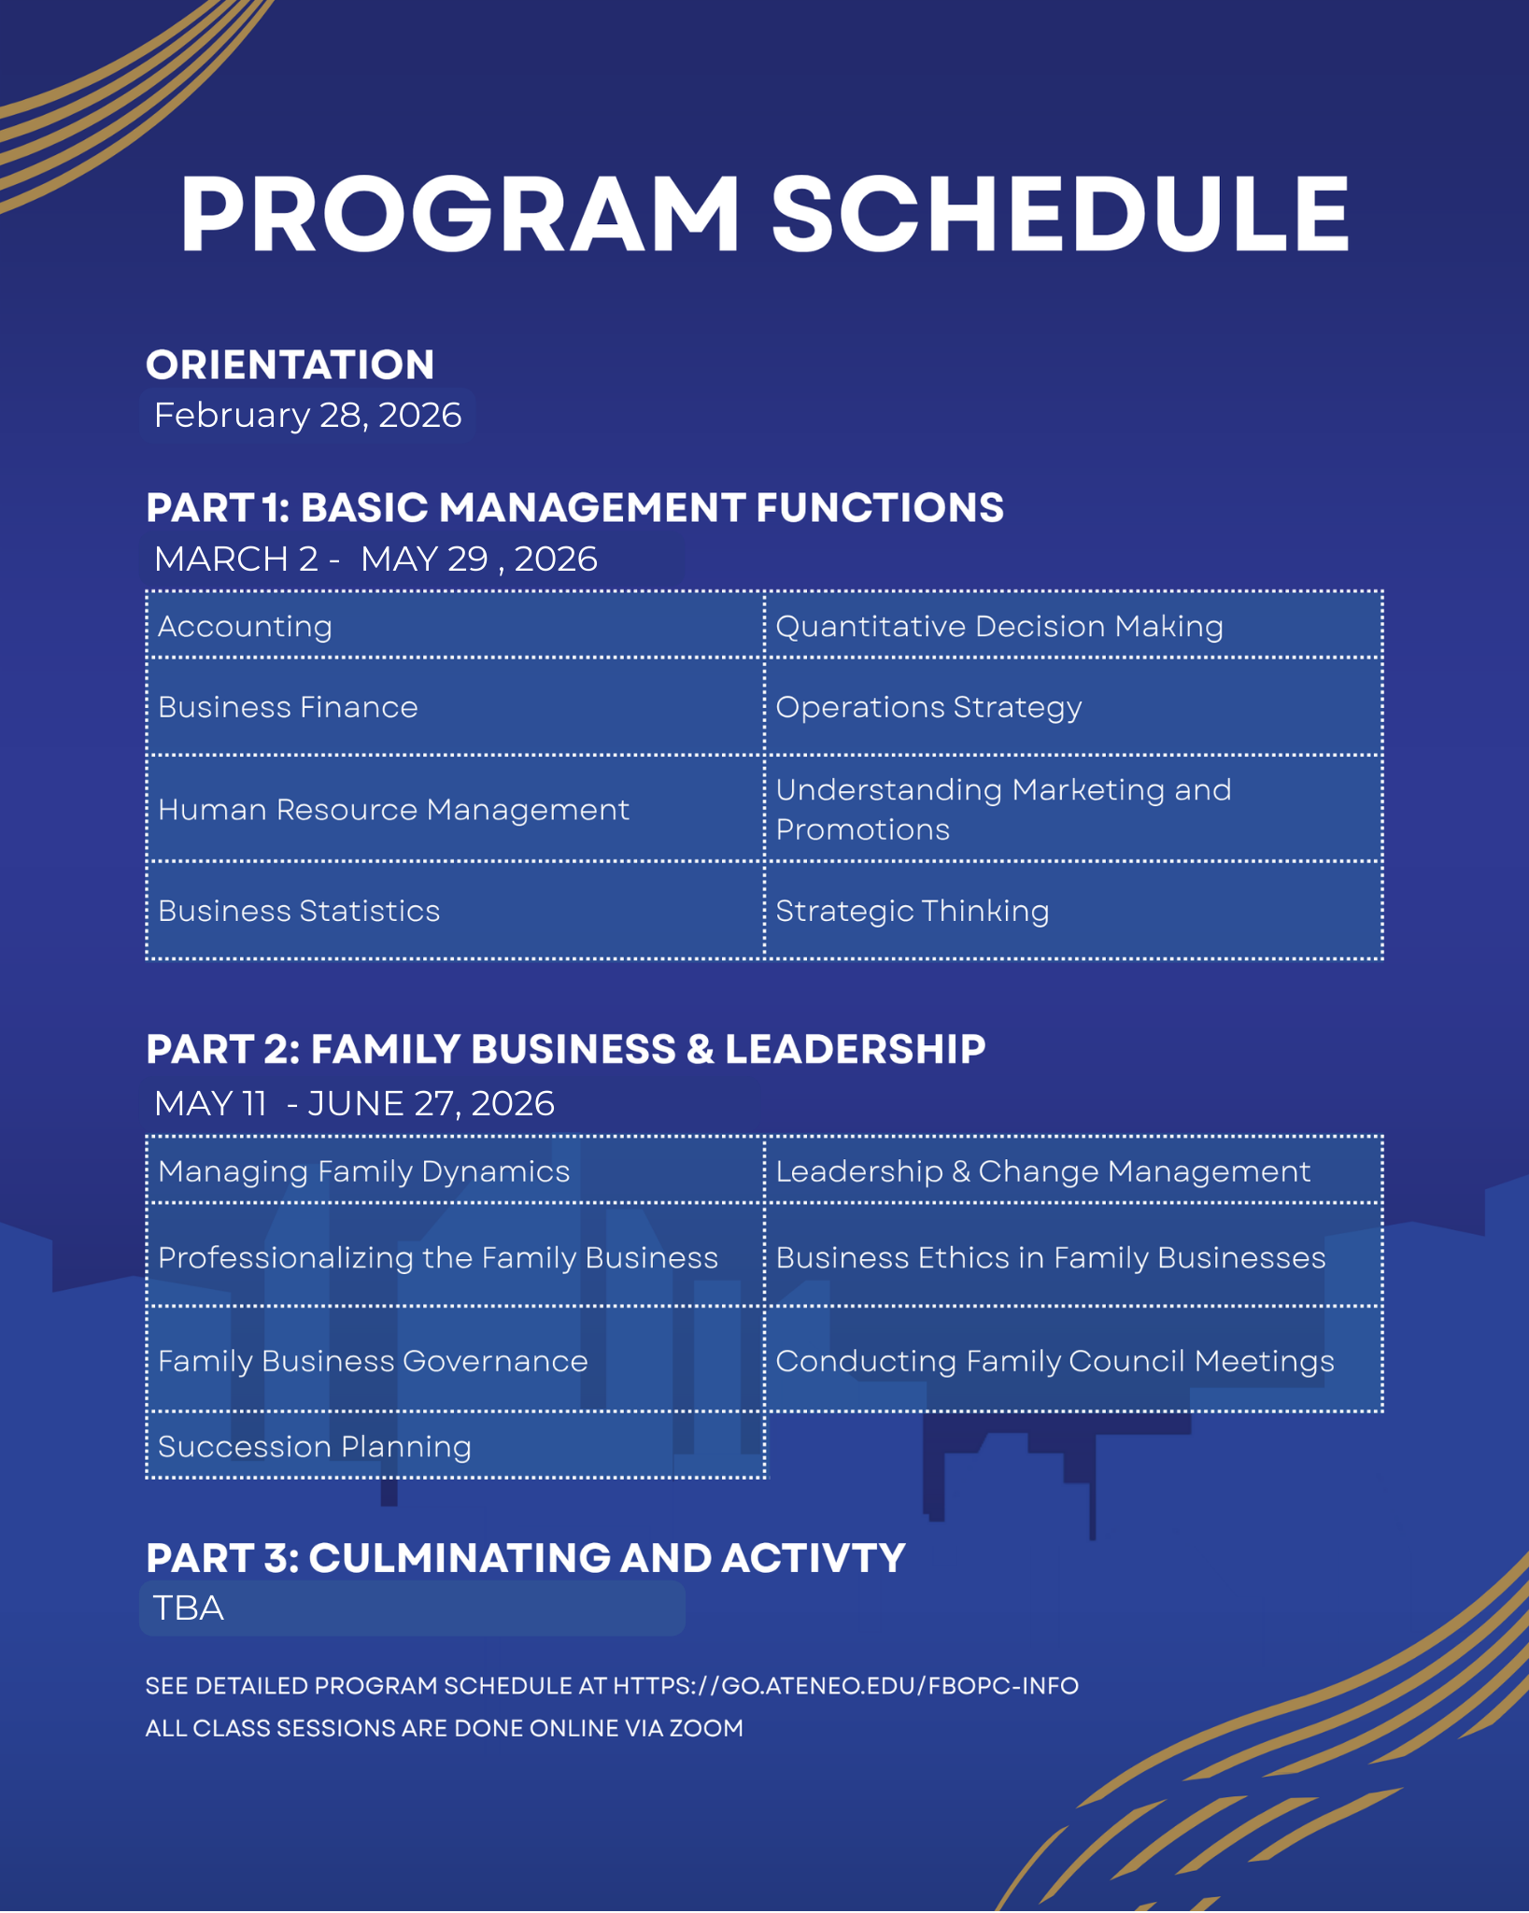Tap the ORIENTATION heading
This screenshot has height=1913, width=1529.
(x=290, y=364)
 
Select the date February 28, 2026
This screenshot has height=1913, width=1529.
(x=307, y=416)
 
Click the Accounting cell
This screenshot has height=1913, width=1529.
(x=245, y=626)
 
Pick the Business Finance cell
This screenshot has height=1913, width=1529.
(x=288, y=707)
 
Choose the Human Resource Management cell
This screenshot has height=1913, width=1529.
(x=393, y=809)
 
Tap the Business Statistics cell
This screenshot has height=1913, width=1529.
(x=299, y=911)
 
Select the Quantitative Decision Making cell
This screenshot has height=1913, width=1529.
(x=999, y=626)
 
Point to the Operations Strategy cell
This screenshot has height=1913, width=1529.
(x=928, y=707)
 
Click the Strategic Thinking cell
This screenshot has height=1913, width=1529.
(x=913, y=911)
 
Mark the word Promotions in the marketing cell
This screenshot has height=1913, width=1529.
(x=862, y=829)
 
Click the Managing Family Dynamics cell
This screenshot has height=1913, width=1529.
(x=363, y=1171)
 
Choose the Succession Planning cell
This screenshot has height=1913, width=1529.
(x=315, y=1446)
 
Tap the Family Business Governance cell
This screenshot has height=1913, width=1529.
(x=373, y=1361)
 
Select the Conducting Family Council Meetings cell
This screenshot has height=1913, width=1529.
(x=1055, y=1361)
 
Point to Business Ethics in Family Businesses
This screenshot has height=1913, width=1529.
(x=1051, y=1257)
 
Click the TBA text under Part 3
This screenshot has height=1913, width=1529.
(x=188, y=1608)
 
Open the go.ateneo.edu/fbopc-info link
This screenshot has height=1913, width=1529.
(x=845, y=1686)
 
